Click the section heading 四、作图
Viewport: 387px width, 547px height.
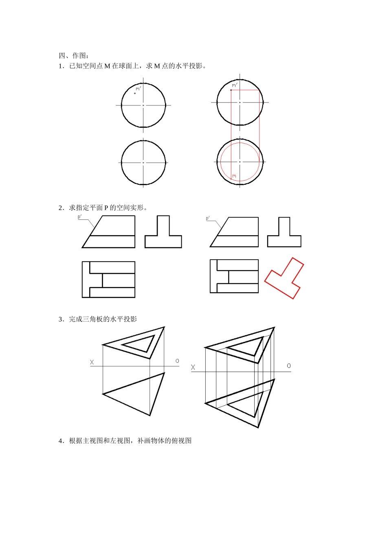(x=73, y=56)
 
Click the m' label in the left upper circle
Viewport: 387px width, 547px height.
(x=138, y=88)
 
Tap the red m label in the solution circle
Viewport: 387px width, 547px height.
(x=234, y=176)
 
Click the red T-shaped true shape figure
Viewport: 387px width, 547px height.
(x=284, y=278)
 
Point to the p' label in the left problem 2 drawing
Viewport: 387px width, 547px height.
(x=80, y=217)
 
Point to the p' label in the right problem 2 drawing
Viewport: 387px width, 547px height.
(x=208, y=218)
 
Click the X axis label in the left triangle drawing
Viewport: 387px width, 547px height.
(x=92, y=362)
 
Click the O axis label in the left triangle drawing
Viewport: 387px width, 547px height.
(x=177, y=361)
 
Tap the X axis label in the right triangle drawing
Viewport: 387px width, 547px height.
(x=193, y=367)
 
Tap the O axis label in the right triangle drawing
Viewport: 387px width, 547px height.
(x=289, y=366)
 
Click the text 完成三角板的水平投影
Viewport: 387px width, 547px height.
(x=103, y=319)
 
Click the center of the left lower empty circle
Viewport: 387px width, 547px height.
(x=143, y=163)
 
